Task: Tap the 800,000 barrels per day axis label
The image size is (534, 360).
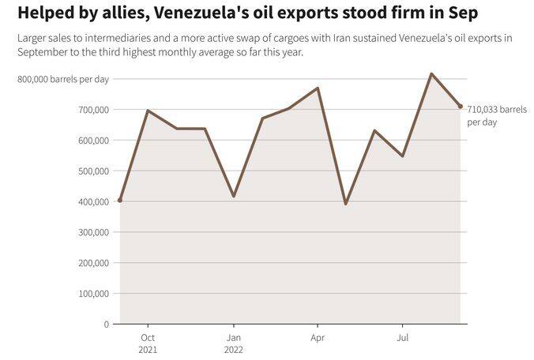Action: [x=63, y=79]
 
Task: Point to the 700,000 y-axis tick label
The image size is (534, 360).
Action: [x=91, y=110]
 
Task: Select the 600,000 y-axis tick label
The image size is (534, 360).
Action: [x=91, y=141]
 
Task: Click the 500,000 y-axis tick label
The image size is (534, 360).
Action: [x=91, y=171]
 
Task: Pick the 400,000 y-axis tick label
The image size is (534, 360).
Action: [x=91, y=202]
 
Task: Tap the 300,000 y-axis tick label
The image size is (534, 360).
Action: [x=91, y=232]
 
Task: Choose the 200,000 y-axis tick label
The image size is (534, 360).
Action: [x=91, y=263]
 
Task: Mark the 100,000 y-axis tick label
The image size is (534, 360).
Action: [x=91, y=294]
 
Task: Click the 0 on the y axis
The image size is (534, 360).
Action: [x=106, y=324]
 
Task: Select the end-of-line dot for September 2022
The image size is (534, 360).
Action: [x=461, y=107]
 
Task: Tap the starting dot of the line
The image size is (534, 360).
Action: [x=120, y=201]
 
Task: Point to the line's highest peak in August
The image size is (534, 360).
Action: [x=431, y=73]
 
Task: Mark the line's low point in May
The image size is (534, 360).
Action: [x=345, y=204]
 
